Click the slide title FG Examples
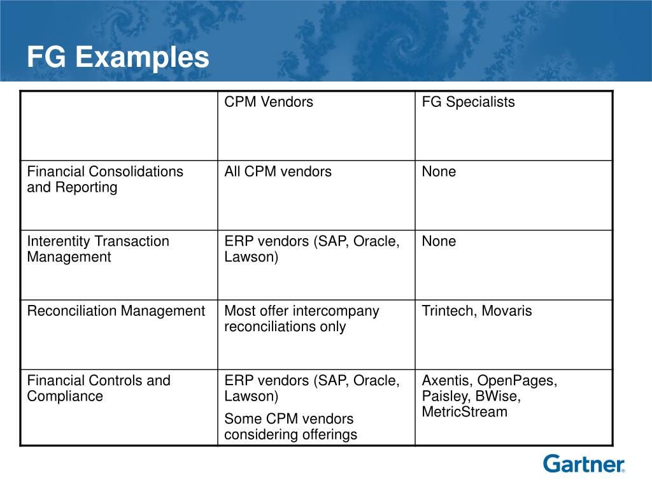tap(118, 58)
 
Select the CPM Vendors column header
tap(269, 102)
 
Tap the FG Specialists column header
tap(468, 102)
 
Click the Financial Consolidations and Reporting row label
tap(104, 180)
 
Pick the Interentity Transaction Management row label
tap(98, 249)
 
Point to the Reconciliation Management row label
tap(116, 311)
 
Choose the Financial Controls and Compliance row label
tap(99, 388)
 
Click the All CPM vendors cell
tap(278, 171)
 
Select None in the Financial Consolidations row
tap(439, 171)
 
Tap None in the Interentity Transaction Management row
tap(439, 241)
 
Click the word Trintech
tap(448, 311)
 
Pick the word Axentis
tap(446, 381)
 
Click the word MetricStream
tap(464, 412)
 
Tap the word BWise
tap(500, 396)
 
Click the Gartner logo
tap(584, 464)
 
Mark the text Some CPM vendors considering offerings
tap(290, 427)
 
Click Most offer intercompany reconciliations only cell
tap(301, 318)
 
